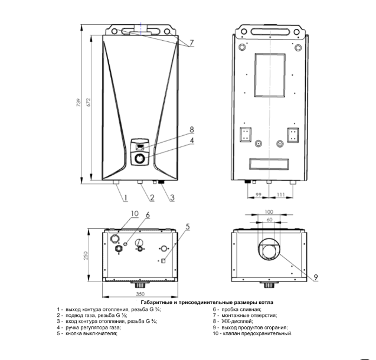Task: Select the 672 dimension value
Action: point(89,102)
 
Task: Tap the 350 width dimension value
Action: point(140,294)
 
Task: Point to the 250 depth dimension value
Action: point(86,256)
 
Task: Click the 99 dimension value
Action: point(259,195)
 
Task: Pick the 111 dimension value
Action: point(281,195)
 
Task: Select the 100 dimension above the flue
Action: point(269,212)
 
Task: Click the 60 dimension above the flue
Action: point(270,220)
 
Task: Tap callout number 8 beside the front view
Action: point(192,130)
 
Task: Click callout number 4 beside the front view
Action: point(192,140)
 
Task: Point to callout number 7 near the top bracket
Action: point(191,43)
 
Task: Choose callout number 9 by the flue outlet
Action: point(316,277)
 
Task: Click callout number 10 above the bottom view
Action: point(135,213)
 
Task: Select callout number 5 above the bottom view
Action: point(188,227)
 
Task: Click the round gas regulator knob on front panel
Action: point(139,159)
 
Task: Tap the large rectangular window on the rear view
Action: point(270,76)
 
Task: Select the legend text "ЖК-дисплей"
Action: point(237,321)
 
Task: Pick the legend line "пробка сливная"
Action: point(241,309)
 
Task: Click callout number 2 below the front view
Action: point(152,198)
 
